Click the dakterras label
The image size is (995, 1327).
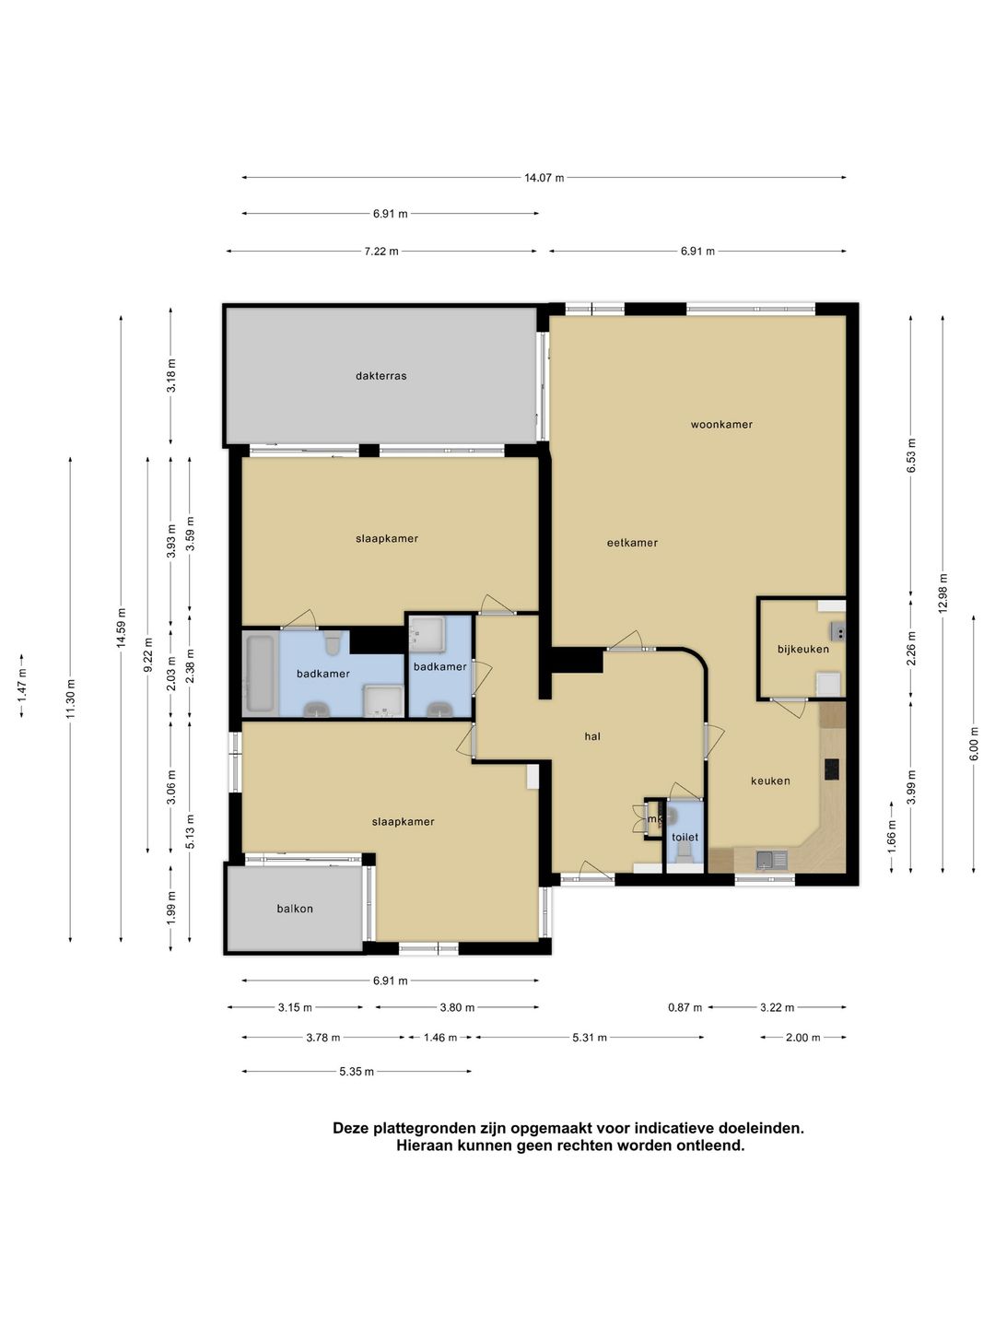(x=380, y=376)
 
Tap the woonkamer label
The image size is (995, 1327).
(x=721, y=425)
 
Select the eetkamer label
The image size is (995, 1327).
(x=632, y=543)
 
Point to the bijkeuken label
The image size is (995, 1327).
(x=802, y=650)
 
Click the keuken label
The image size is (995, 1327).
(x=770, y=781)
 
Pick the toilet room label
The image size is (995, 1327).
(x=685, y=837)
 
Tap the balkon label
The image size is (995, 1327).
(x=295, y=908)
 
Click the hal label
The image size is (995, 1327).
(x=592, y=736)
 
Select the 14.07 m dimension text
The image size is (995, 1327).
(x=544, y=178)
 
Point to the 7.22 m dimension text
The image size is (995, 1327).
(x=381, y=252)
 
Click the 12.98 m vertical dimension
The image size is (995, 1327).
(x=943, y=593)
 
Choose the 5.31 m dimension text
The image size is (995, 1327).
(x=589, y=1038)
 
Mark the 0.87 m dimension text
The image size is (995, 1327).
(x=685, y=1007)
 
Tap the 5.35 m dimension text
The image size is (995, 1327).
(x=357, y=1071)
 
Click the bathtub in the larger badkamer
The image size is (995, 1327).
(x=261, y=674)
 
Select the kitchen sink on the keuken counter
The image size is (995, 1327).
(x=771, y=859)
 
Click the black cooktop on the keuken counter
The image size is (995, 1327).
(x=832, y=769)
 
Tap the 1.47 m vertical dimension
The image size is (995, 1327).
(x=22, y=686)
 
